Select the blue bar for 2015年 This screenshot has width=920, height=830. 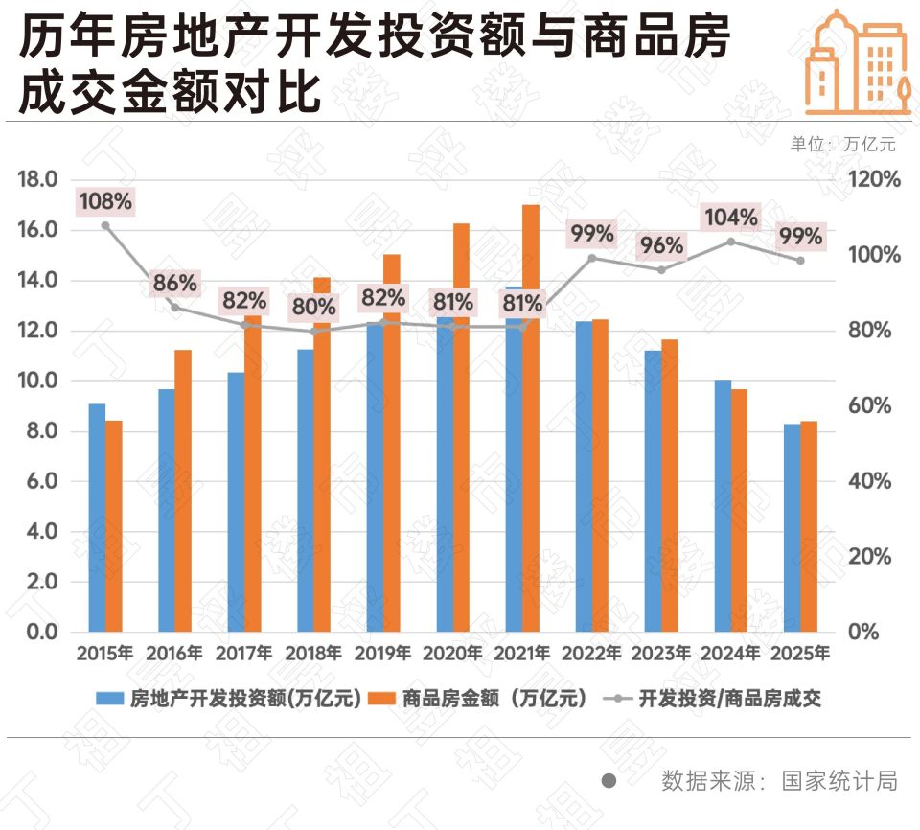point(97,518)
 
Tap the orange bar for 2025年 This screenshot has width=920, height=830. point(809,526)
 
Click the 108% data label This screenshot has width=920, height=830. point(105,201)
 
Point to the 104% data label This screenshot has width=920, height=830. point(731,217)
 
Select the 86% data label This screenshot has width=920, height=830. point(175,283)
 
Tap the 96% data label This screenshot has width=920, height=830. point(661,245)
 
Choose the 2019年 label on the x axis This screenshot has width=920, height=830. point(383,654)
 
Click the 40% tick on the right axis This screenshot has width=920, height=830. point(871,481)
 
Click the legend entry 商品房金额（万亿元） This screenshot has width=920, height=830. point(489,699)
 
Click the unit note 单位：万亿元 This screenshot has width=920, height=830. point(842,145)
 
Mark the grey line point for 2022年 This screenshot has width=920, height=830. point(592,258)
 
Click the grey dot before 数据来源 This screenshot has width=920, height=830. point(609,781)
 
